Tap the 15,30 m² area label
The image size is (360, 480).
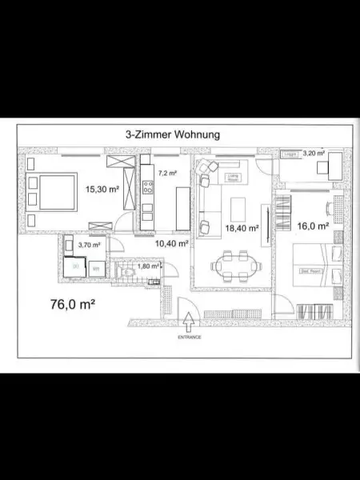coord(102,189)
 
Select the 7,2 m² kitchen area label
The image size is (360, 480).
coord(166,173)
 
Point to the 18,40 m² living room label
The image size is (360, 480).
coord(242,228)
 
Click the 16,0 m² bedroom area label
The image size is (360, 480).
coord(312,226)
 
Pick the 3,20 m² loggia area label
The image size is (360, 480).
coord(314,152)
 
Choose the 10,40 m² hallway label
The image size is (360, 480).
coord(171,243)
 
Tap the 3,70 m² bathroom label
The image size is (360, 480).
coord(87,245)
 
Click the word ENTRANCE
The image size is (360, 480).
coord(189,338)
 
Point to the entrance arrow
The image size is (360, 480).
coord(189,322)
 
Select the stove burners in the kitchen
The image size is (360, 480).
coord(147,189)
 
